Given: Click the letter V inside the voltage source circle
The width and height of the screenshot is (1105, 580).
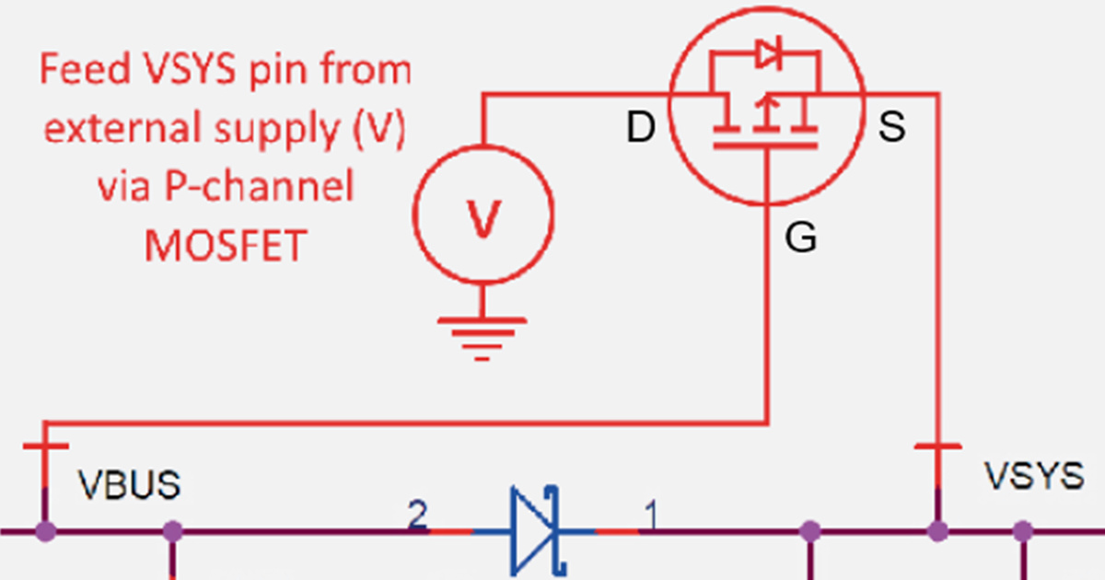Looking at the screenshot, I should pos(483,219).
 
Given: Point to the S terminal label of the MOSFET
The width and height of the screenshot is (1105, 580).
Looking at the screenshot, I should pos(891,129).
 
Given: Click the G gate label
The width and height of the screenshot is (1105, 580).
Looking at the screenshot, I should pos(800,239).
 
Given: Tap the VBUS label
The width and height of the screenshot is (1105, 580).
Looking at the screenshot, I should pos(128,485).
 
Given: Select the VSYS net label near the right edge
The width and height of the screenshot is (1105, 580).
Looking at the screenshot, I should pos(1034,476).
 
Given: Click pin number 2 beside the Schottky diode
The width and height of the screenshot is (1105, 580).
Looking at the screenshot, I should pos(417,517).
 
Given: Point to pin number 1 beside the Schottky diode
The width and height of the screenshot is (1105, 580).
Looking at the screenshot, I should pos(650,517).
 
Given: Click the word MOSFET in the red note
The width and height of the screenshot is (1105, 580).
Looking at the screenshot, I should pos(226,246).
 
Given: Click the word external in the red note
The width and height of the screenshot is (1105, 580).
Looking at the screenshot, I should pos(117,130).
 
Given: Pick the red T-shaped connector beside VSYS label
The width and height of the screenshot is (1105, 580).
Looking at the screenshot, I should pos(938,447).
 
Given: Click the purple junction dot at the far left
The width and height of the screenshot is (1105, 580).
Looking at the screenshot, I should pos(45,531).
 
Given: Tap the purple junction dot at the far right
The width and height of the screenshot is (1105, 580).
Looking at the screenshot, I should pos(1021,531).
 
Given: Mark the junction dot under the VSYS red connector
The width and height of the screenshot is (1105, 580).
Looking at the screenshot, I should pos(938,531).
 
